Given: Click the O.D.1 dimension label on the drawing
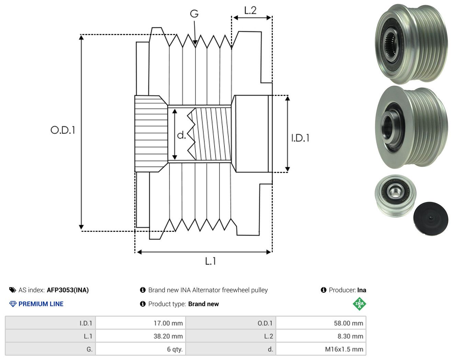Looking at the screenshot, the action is click(x=63, y=130).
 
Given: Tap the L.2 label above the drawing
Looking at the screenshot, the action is click(x=250, y=10).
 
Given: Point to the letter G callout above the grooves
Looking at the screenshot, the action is click(x=194, y=14).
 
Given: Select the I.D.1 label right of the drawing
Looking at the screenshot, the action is click(x=300, y=138).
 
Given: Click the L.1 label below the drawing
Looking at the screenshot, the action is click(x=211, y=261).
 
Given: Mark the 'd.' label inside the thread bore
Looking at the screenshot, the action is click(x=181, y=135).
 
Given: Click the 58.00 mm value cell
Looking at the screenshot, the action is click(x=321, y=323).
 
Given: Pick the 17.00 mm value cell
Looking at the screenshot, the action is click(x=140, y=323).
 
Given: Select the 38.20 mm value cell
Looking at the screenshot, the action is click(x=140, y=336).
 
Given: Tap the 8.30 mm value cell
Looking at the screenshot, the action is click(x=321, y=336).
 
